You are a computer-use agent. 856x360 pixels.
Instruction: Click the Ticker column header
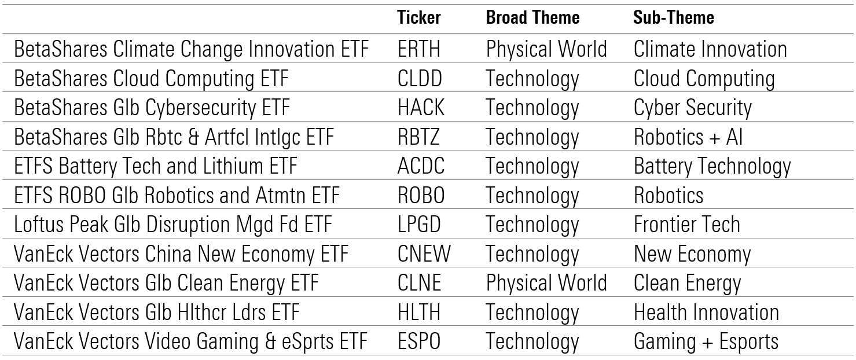pyautogui.click(x=419, y=17)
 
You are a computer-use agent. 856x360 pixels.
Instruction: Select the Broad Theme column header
pyautogui.click(x=532, y=17)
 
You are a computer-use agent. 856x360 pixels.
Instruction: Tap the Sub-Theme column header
pyautogui.click(x=674, y=17)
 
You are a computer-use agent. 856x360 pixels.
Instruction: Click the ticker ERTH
pyautogui.click(x=419, y=49)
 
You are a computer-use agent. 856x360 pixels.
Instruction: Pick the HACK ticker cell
pyautogui.click(x=421, y=108)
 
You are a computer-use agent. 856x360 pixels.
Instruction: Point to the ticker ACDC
pyautogui.click(x=421, y=166)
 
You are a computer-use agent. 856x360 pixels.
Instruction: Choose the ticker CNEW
pyautogui.click(x=424, y=254)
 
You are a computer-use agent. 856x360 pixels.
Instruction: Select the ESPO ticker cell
pyautogui.click(x=419, y=341)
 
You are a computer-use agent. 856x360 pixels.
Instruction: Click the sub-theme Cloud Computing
pyautogui.click(x=704, y=79)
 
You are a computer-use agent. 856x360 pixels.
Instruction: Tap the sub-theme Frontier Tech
pyautogui.click(x=687, y=225)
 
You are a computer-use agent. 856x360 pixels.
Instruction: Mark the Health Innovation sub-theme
pyautogui.click(x=707, y=312)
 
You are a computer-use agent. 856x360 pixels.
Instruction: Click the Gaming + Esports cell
pyautogui.click(x=706, y=342)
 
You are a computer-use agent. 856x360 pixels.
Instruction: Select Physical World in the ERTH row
pyautogui.click(x=546, y=50)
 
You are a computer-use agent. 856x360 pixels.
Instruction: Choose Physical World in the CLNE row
pyautogui.click(x=546, y=284)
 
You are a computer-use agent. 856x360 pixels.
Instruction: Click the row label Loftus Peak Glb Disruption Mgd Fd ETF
pyautogui.click(x=173, y=225)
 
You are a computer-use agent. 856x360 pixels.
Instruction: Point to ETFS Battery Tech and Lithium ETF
pyautogui.click(x=156, y=167)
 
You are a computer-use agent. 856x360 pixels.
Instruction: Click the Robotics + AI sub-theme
pyautogui.click(x=688, y=137)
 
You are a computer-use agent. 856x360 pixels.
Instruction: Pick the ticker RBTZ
pyautogui.click(x=419, y=137)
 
